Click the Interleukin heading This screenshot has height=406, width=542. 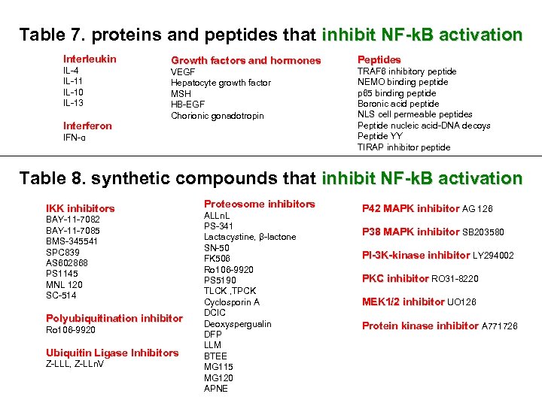tap(90, 59)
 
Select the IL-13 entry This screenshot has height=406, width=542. tap(73, 103)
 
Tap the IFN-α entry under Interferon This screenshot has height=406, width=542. tap(74, 138)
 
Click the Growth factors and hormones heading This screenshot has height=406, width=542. tap(245, 60)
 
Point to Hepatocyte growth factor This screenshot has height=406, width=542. tap(221, 83)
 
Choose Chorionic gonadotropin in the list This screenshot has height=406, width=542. tap(218, 116)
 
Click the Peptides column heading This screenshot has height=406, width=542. tap(379, 59)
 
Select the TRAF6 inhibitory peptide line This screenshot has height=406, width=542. tap(406, 71)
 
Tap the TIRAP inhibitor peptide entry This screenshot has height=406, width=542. tap(403, 147)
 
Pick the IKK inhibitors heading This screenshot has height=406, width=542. tap(81, 208)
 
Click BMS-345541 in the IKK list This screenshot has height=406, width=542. tap(73, 241)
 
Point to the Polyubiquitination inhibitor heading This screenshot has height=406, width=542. tap(114, 319)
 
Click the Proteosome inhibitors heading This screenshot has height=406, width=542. tap(259, 204)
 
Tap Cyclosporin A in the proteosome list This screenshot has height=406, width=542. tap(231, 301)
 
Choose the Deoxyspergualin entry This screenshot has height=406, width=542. tap(237, 324)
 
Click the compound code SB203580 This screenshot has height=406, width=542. tap(483, 232)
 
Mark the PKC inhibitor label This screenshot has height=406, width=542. tap(395, 279)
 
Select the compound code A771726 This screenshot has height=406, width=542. tap(500, 326)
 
